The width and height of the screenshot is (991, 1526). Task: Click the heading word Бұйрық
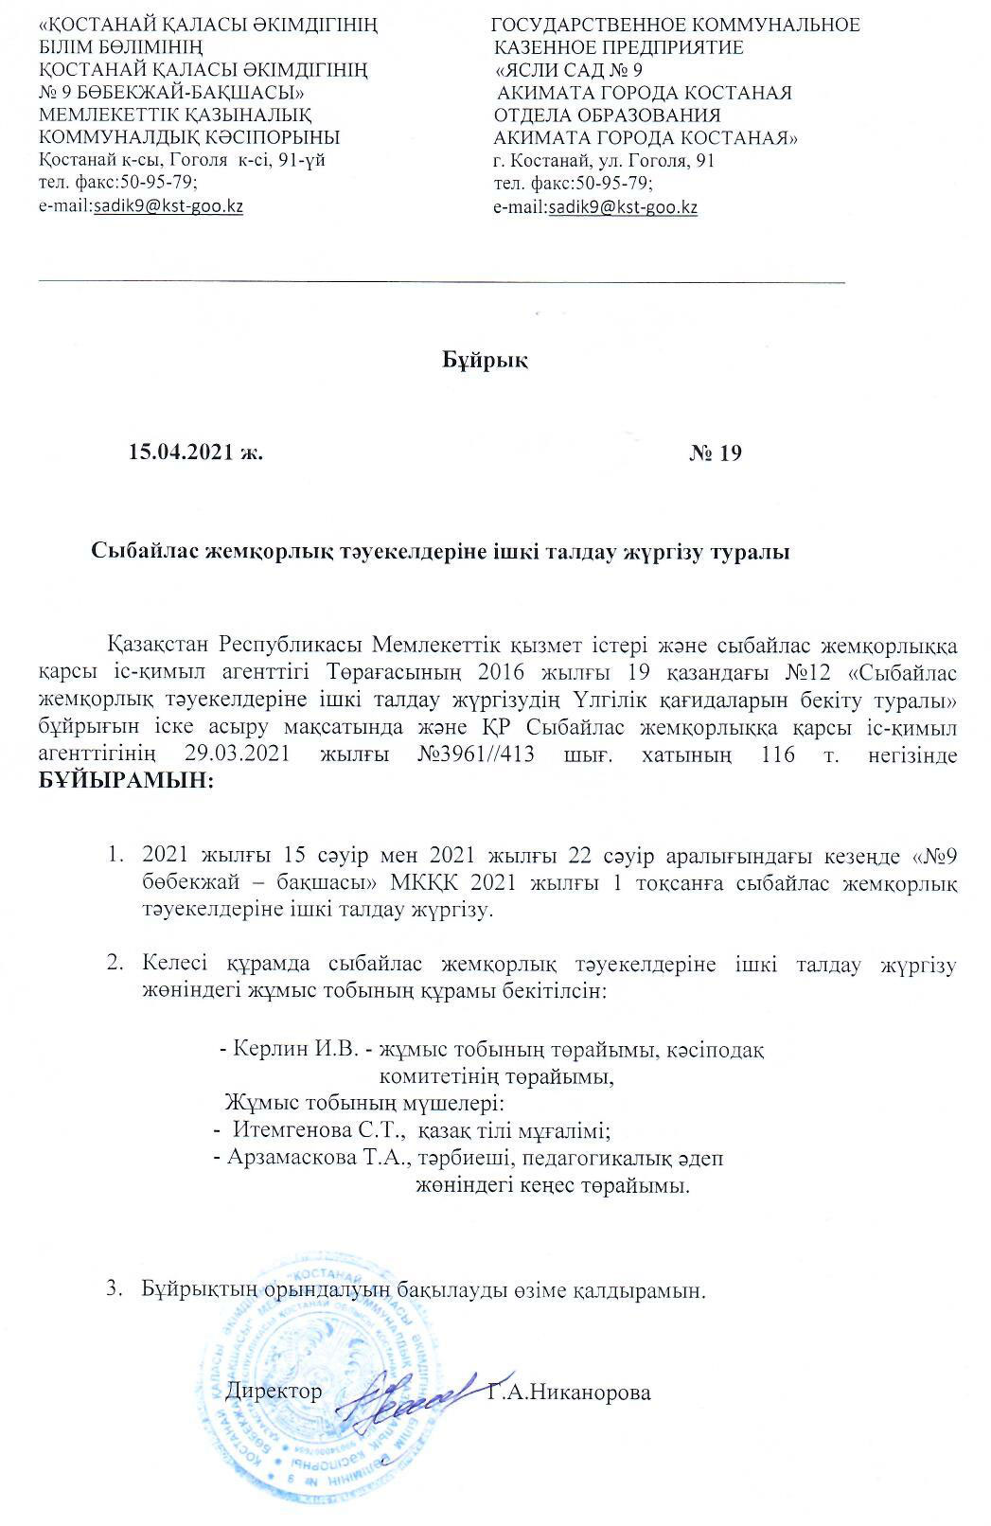point(486,361)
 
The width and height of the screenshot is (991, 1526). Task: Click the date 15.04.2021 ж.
point(195,452)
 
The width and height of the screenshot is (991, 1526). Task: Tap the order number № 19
point(716,452)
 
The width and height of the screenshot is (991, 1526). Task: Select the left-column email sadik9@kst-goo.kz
point(168,205)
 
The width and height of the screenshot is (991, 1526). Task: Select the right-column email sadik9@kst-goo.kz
point(623,205)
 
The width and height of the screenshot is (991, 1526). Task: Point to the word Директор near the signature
point(275,1393)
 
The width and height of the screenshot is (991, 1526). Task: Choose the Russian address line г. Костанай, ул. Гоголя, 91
point(605,161)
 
